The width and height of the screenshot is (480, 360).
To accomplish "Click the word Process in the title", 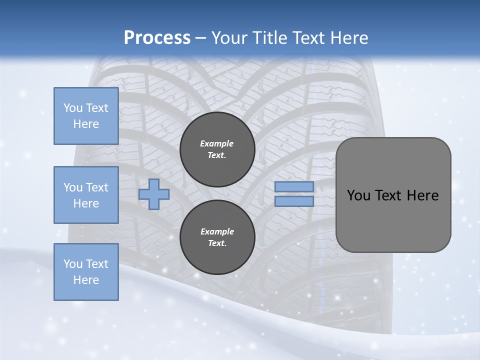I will point(157,38).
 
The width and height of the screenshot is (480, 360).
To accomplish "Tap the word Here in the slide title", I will point(348,38).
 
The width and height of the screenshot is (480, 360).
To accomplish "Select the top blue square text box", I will point(86,116).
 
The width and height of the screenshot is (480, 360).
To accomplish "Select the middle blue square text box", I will point(86,195).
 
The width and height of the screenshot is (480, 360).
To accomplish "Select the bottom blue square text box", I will point(86,272).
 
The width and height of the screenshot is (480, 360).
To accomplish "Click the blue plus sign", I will point(154,194).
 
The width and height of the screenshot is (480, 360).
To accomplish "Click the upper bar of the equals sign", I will point(294,186).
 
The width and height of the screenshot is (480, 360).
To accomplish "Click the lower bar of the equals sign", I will point(294,201).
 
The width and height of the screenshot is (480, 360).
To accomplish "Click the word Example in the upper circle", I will point(217,143).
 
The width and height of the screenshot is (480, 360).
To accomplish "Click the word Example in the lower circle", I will point(217,231).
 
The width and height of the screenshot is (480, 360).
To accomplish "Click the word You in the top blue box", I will point(73,108).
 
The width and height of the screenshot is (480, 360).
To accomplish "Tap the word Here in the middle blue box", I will point(86,203).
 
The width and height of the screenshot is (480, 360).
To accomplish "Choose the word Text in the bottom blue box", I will point(97,264).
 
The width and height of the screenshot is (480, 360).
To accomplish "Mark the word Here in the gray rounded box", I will point(422,195).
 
